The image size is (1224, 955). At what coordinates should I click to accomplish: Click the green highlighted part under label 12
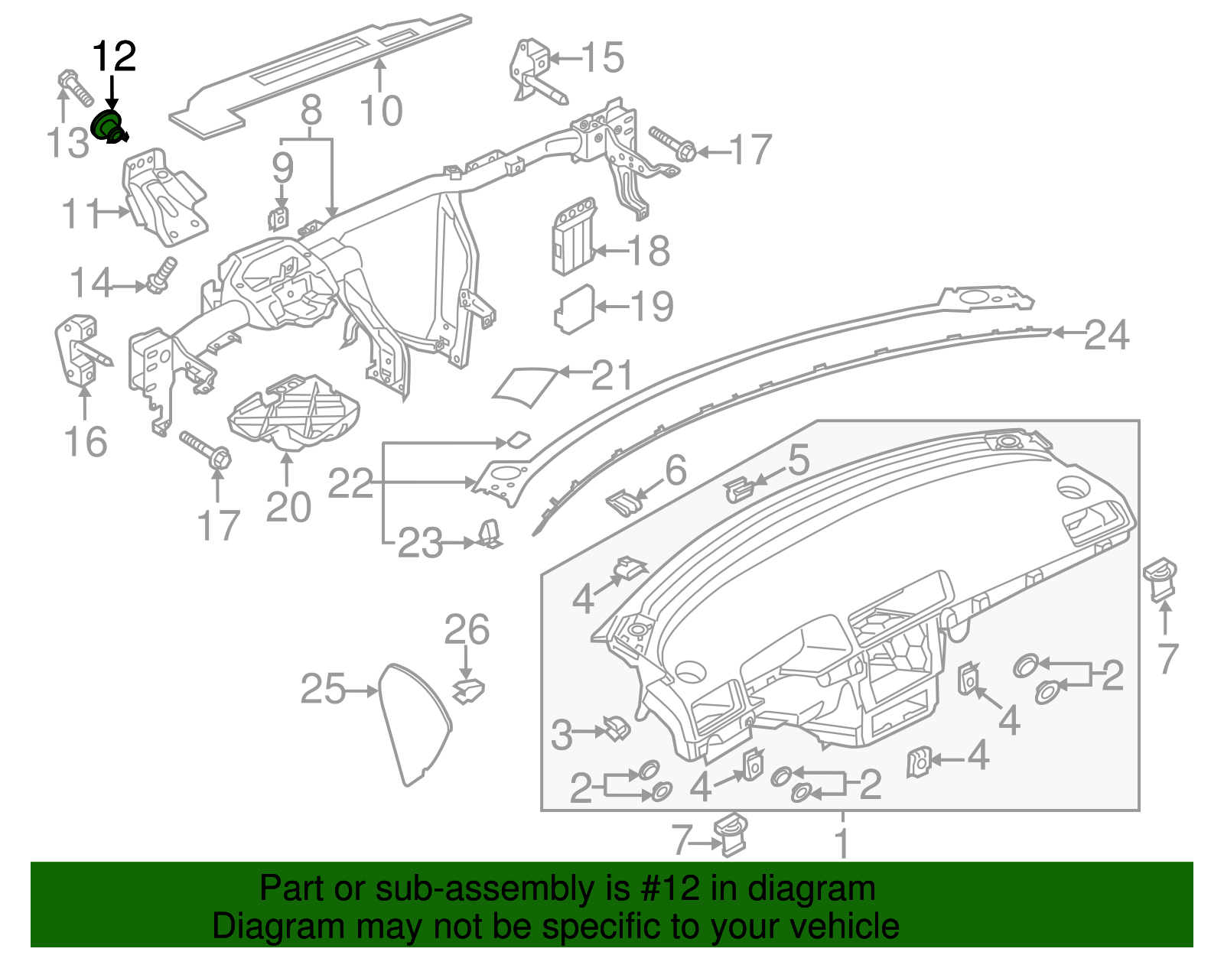tap(108, 125)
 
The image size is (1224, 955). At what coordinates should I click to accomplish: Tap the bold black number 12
tap(114, 57)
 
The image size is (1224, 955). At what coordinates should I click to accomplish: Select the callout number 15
tap(602, 58)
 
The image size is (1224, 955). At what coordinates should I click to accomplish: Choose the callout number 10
tap(381, 112)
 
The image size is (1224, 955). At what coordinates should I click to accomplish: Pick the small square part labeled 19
tap(574, 309)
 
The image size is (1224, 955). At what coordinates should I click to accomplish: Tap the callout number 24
tap(1106, 335)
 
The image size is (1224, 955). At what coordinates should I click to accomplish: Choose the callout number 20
tap(288, 508)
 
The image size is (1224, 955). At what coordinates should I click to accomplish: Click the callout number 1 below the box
tap(841, 843)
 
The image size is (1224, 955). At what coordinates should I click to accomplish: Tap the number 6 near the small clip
tap(675, 471)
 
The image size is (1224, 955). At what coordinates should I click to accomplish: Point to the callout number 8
tap(311, 112)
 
